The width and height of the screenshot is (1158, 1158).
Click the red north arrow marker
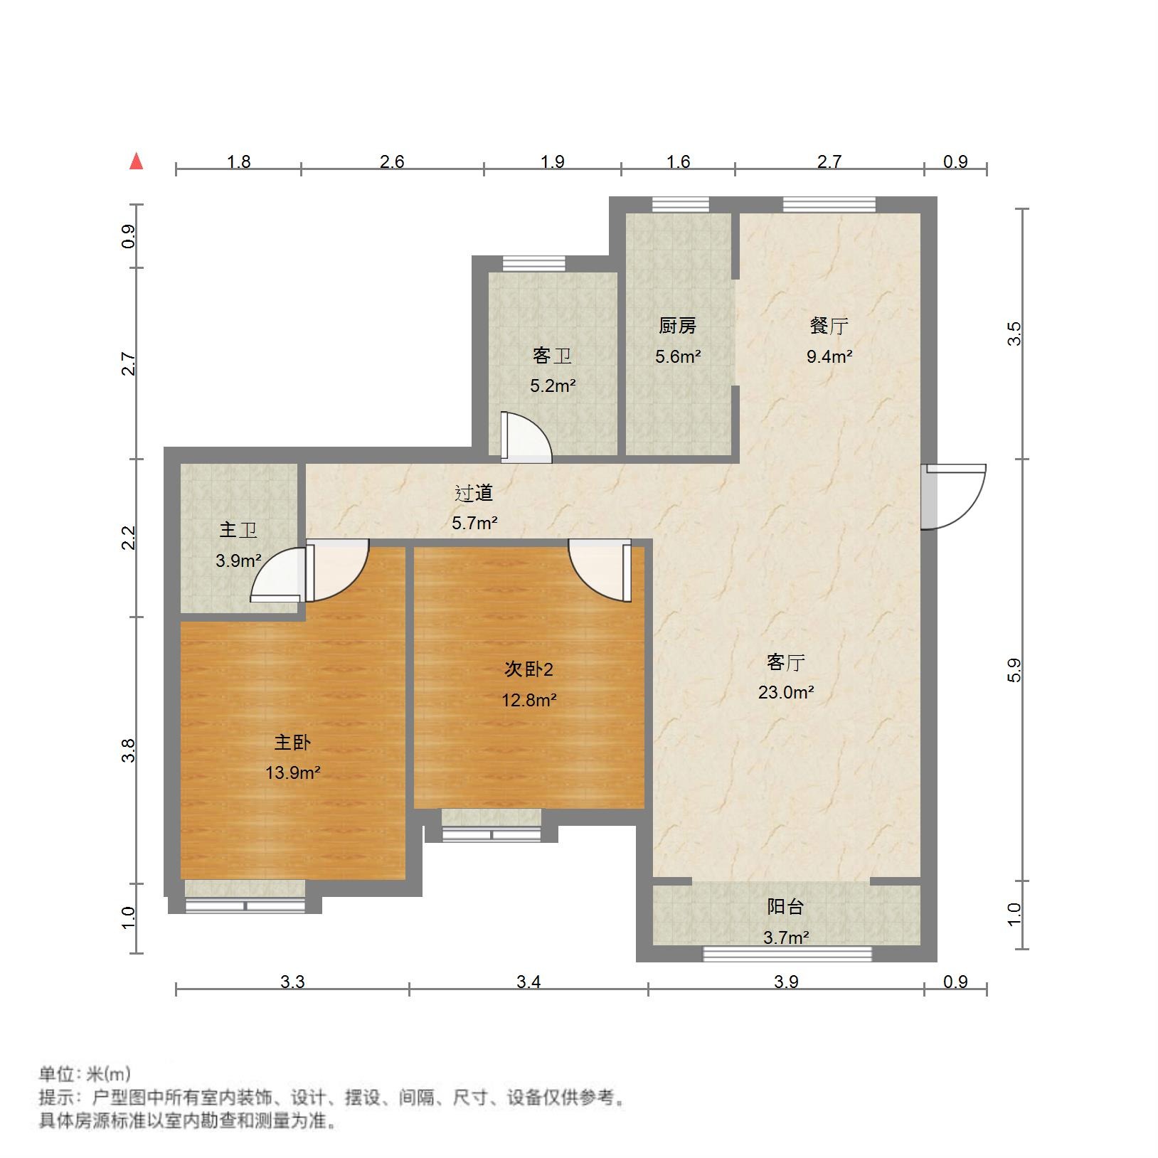coord(137,162)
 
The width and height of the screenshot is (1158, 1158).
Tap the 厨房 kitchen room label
coord(677,326)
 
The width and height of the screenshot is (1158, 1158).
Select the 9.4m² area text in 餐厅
coord(829,357)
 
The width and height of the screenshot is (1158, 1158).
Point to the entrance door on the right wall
coord(953,496)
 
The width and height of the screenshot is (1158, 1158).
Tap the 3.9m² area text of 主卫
coord(238,561)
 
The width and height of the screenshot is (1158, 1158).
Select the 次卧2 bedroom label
coord(528,669)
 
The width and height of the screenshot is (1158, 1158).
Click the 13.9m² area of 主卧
coord(292,772)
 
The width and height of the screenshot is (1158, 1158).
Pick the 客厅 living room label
coord(786,663)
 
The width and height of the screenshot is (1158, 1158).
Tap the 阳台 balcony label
coord(786,907)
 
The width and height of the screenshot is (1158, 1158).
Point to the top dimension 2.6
coord(392,162)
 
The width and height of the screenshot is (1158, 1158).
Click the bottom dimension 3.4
coord(528,982)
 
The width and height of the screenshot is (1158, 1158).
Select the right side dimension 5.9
coord(1014,670)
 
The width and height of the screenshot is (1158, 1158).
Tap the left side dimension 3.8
coord(129,751)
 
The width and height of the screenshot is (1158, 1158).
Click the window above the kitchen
coord(681,205)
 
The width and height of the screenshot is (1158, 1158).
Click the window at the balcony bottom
coord(787,954)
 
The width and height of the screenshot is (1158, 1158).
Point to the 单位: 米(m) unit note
coord(85,1074)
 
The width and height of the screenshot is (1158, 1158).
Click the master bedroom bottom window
coord(245,906)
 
